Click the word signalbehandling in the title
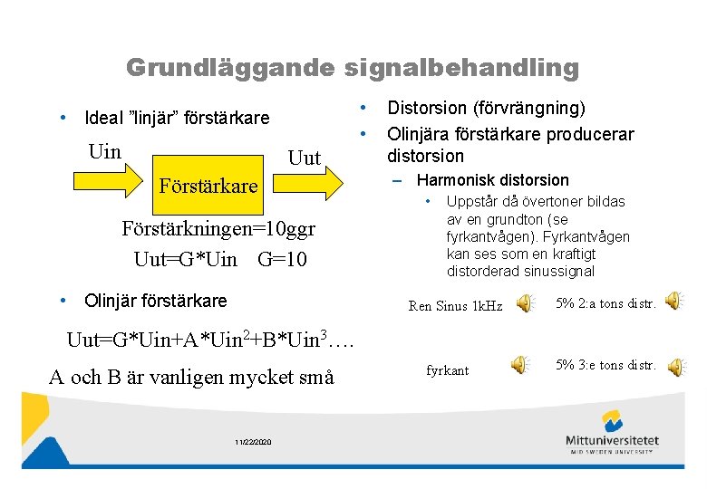pyautogui.click(x=460, y=68)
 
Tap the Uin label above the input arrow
pyautogui.click(x=105, y=151)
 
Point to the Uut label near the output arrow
pyautogui.click(x=304, y=158)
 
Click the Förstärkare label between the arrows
pyautogui.click(x=208, y=187)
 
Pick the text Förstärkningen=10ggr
pyautogui.click(x=218, y=227)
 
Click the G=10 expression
pyautogui.click(x=282, y=260)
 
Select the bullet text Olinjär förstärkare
pyautogui.click(x=155, y=301)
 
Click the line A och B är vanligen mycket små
pyautogui.click(x=191, y=377)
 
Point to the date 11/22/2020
pyautogui.click(x=253, y=442)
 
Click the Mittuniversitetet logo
pyautogui.click(x=613, y=431)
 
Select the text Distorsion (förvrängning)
pyautogui.click(x=486, y=108)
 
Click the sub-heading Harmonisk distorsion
pyautogui.click(x=492, y=180)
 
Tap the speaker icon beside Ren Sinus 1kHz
pyautogui.click(x=525, y=305)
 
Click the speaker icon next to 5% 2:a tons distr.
pyautogui.click(x=673, y=301)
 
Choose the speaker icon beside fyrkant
pyautogui.click(x=519, y=366)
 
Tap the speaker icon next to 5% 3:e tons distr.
pyautogui.click(x=677, y=366)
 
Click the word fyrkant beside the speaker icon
pyautogui.click(x=447, y=371)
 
